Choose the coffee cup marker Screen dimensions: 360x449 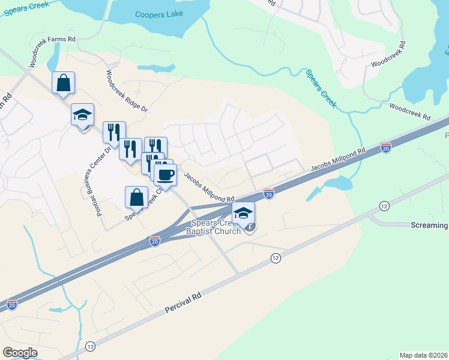coord(165,175)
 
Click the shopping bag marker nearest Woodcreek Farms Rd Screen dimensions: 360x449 coord(63,83)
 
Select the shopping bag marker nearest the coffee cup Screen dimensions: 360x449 coord(136,197)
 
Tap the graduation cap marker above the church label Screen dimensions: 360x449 coord(243,213)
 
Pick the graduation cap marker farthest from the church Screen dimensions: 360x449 coord(82,115)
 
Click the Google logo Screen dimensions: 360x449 coord(20,353)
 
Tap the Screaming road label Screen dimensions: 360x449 coord(429,225)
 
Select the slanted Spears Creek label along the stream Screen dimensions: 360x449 coord(321,89)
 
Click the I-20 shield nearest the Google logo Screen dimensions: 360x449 coord(12,305)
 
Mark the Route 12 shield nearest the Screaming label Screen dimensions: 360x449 coord(384,206)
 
